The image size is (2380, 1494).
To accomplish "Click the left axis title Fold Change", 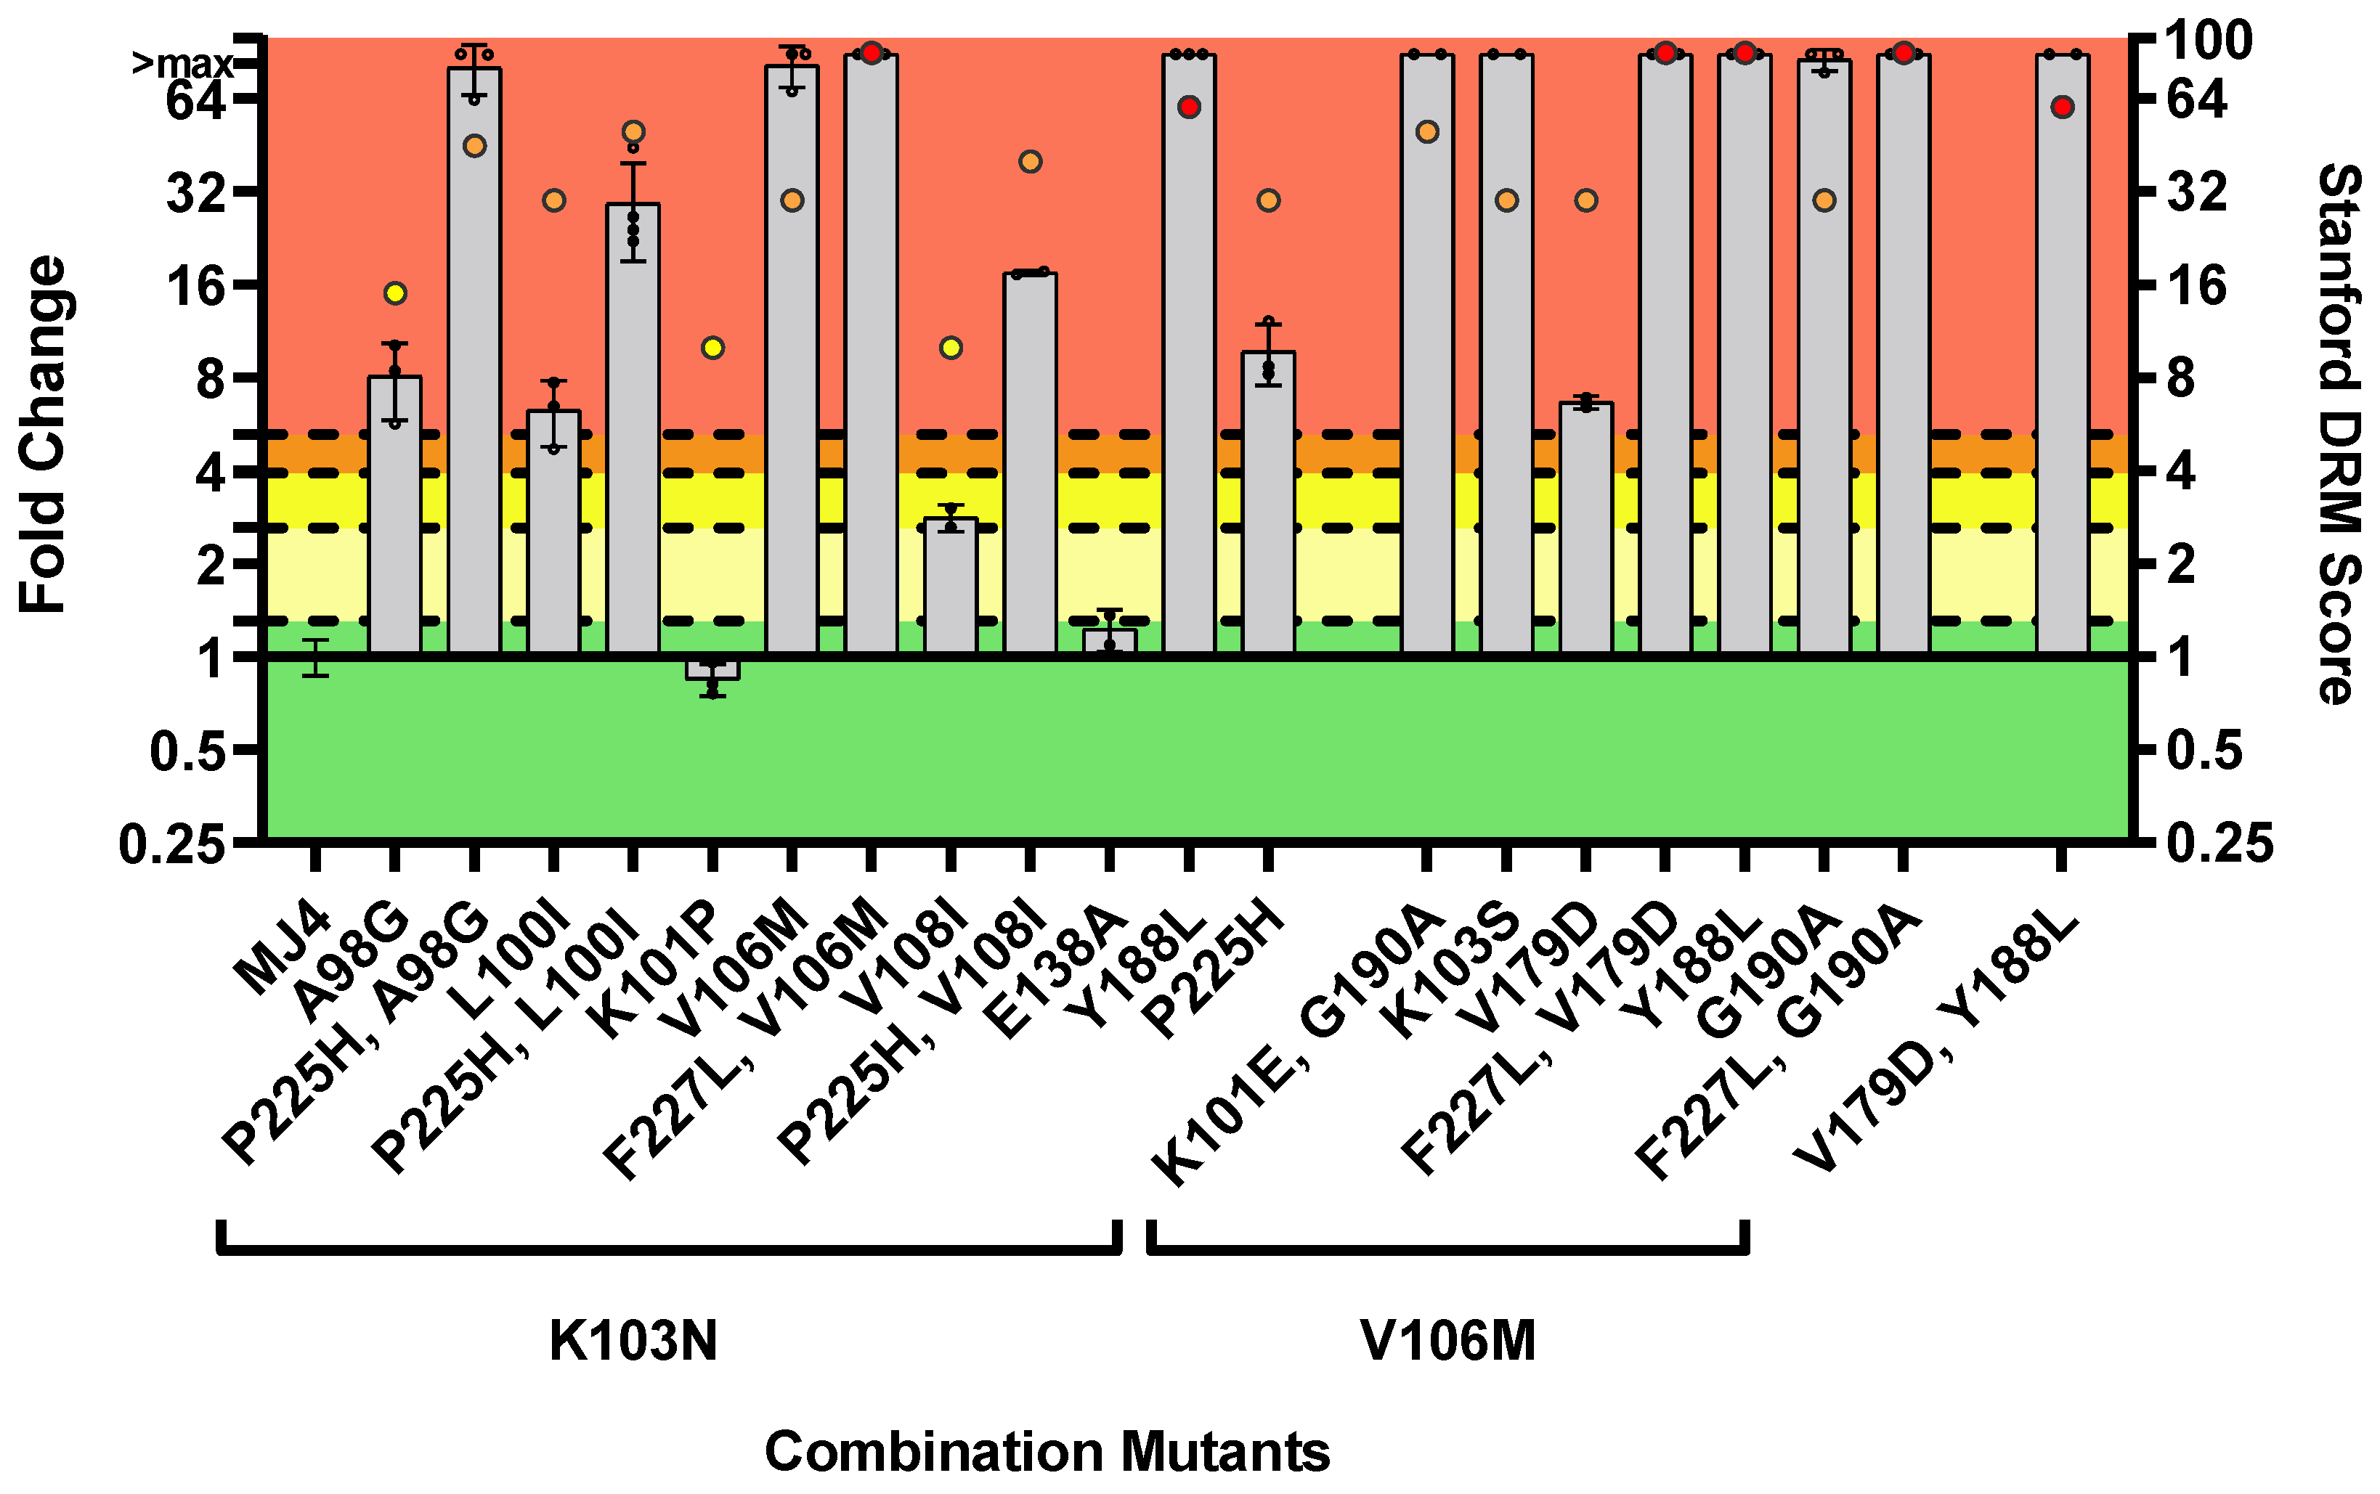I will (x=44, y=435).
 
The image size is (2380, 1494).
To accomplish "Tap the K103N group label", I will (x=633, y=1341).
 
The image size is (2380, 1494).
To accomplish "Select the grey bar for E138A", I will (x=1109, y=641).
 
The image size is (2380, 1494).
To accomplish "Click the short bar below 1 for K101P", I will (x=712, y=668).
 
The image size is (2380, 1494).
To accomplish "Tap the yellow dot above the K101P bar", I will (x=712, y=348).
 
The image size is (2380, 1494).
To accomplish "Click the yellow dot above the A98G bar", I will (x=394, y=293).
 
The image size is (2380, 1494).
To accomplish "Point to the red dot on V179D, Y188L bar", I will (x=2062, y=107).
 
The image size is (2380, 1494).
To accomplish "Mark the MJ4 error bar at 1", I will (x=315, y=657).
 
